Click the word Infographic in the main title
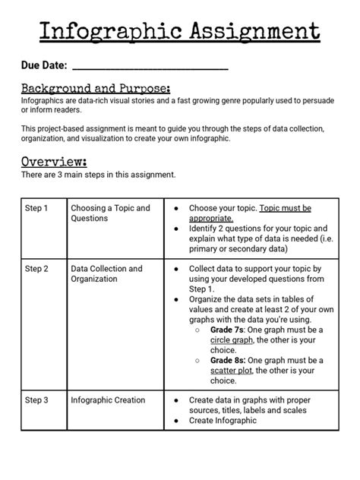point(106,31)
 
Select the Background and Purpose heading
point(95,88)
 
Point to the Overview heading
point(53,161)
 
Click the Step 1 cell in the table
point(36,208)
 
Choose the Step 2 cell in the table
point(36,269)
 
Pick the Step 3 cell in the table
point(36,399)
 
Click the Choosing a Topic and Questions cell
point(110,213)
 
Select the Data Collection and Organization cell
point(106,274)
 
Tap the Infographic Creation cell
point(108,399)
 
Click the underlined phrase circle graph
point(232,340)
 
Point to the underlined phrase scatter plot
point(232,371)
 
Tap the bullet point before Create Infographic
point(176,420)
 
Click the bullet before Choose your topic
point(176,208)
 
